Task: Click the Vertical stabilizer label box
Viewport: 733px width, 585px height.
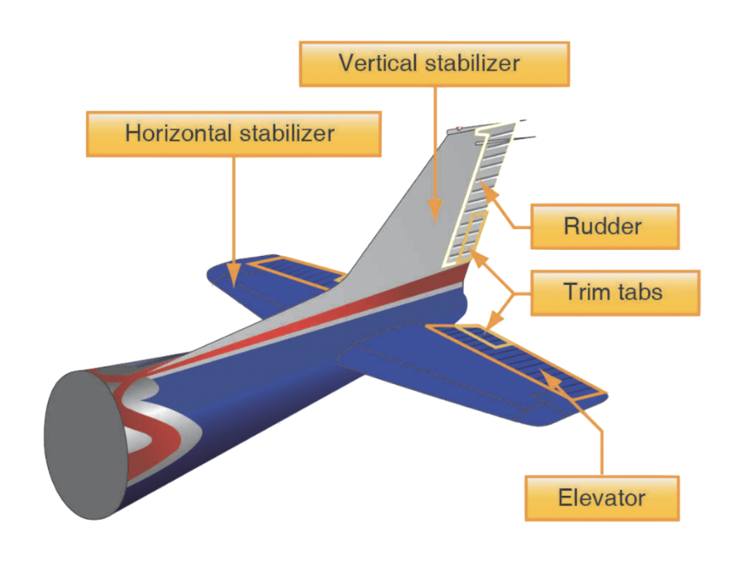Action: tap(434, 63)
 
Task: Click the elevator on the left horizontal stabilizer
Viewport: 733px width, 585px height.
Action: tap(294, 271)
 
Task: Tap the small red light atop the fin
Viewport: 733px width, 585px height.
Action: tap(459, 128)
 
